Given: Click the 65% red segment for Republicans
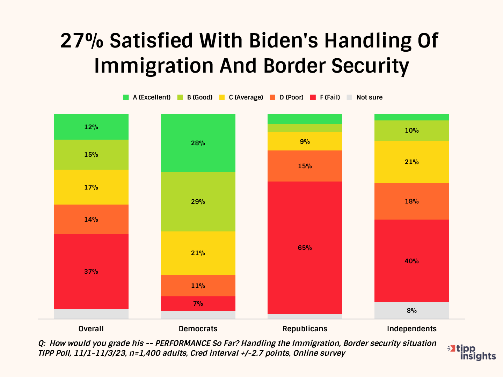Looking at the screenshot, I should (305, 248).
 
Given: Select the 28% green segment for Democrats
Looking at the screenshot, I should (198, 143).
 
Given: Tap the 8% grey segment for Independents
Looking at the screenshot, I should (411, 310).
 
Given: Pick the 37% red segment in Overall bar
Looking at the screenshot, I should (91, 271).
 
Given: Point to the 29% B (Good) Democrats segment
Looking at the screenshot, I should (198, 201).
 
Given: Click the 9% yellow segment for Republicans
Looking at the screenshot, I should (305, 141).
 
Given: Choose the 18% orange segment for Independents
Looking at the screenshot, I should (411, 201).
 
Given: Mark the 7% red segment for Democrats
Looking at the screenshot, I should (198, 303).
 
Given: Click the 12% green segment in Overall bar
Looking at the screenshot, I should (91, 127).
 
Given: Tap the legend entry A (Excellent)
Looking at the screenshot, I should (147, 97).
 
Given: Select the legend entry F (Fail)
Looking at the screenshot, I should (325, 97).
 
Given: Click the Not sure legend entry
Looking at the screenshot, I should (365, 97).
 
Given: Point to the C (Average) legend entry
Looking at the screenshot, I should (241, 97).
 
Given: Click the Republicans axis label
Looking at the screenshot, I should (305, 328).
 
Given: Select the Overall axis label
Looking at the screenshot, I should (91, 328).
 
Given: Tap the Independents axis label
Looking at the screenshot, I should (411, 328).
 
